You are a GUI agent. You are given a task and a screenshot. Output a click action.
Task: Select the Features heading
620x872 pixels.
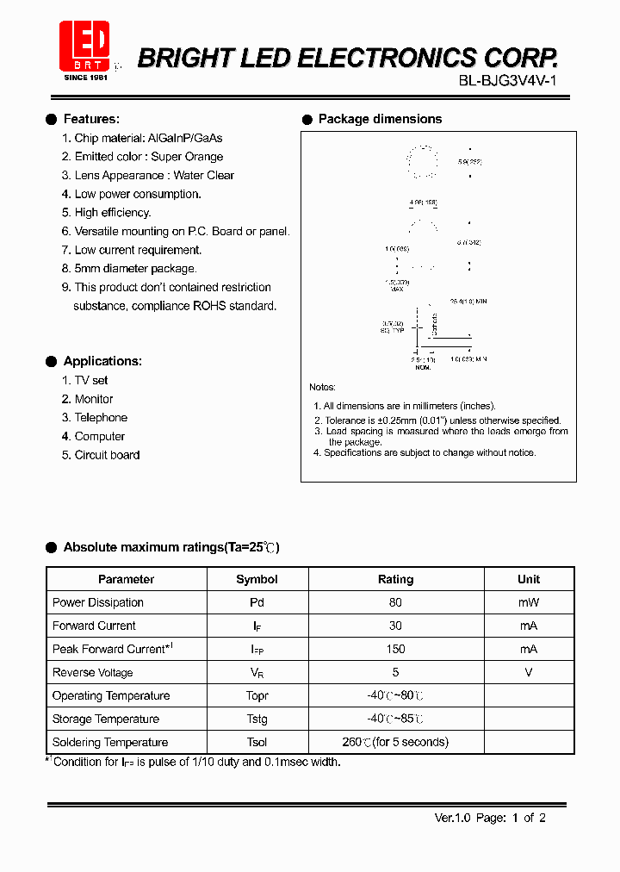click(x=91, y=119)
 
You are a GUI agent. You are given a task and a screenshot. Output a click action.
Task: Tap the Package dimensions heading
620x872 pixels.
click(x=380, y=119)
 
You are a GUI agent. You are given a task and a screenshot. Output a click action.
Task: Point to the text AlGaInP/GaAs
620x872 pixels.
click(x=185, y=138)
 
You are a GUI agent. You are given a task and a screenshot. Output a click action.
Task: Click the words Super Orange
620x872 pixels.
click(x=187, y=157)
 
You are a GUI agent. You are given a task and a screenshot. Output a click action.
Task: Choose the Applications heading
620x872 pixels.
click(x=102, y=361)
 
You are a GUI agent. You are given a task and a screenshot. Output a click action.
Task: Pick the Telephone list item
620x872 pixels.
click(x=101, y=418)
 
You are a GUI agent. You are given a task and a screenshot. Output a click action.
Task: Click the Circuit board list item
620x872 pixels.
click(x=107, y=455)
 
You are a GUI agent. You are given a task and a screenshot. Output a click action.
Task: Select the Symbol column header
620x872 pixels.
click(x=257, y=579)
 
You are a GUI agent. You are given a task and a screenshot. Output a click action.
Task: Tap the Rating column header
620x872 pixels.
click(x=395, y=579)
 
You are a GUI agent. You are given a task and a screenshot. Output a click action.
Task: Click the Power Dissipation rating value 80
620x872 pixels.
click(x=395, y=602)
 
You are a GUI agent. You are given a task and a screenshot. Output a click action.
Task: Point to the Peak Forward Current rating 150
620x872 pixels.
click(x=395, y=649)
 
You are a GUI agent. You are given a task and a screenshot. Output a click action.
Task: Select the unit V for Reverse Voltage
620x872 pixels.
click(x=529, y=672)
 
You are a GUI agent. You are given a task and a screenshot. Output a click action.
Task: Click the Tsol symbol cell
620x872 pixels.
click(x=257, y=742)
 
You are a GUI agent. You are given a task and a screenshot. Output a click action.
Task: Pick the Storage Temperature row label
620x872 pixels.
click(x=105, y=719)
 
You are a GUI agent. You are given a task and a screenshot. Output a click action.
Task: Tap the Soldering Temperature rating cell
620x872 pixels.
click(x=395, y=742)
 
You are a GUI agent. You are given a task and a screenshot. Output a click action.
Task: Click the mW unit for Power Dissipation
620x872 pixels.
click(x=529, y=602)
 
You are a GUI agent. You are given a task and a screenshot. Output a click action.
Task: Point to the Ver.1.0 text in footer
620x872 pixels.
click(x=452, y=818)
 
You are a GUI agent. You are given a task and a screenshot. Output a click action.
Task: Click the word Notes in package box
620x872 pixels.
click(x=322, y=388)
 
